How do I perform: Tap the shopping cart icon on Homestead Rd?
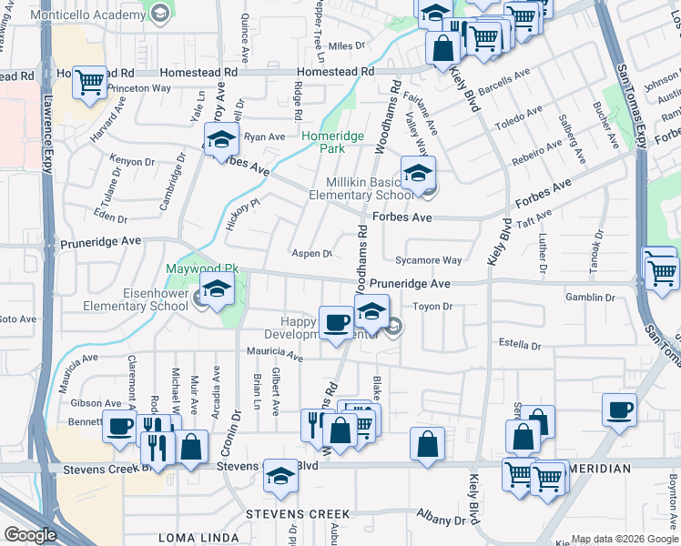point(89,82)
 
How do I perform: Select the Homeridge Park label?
point(333,142)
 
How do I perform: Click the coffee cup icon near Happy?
point(337,322)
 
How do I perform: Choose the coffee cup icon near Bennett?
point(120,426)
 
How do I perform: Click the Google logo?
point(29,535)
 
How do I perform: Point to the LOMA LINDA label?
point(192,538)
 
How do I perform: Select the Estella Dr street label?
point(520,346)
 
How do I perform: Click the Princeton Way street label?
point(139,88)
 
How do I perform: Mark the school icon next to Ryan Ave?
point(220,141)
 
